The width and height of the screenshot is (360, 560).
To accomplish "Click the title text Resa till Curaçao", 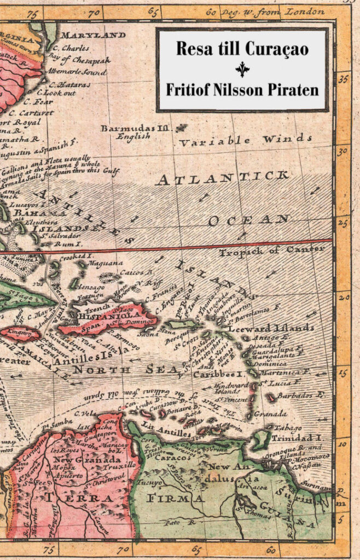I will click(x=242, y=49).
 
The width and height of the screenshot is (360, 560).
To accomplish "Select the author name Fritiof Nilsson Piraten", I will click(x=242, y=89).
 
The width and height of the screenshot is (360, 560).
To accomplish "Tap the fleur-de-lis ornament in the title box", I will click(x=242, y=69).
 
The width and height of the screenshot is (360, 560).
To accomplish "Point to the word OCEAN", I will click(x=248, y=220).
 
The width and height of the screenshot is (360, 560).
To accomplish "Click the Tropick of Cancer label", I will click(x=271, y=251).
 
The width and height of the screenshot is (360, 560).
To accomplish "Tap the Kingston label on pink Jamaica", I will click(x=20, y=332).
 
